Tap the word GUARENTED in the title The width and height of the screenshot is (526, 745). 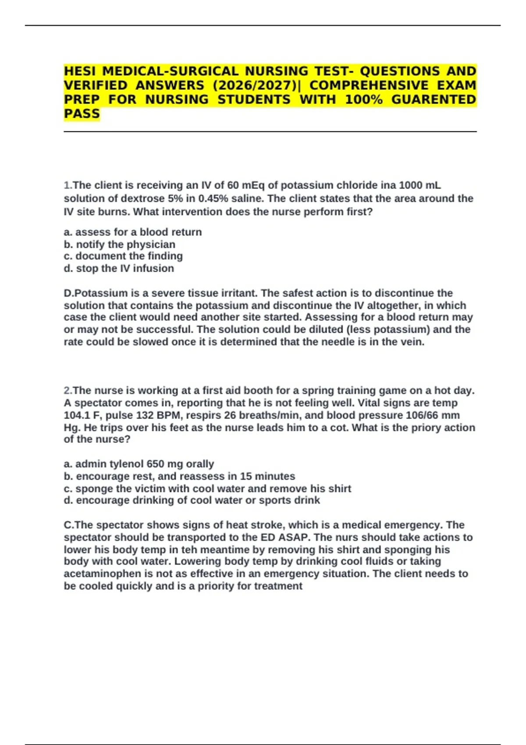(434, 99)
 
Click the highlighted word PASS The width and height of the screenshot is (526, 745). (82, 114)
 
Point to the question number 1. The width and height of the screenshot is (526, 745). (68, 185)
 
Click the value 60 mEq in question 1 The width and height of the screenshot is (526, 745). (245, 185)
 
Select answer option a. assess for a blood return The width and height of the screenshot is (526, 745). (133, 232)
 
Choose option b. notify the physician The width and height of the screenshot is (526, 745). (120, 245)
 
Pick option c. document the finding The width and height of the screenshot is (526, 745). (123, 256)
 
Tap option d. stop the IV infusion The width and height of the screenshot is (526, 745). (119, 268)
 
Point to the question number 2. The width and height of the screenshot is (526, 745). (68, 390)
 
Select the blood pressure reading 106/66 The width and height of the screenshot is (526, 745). (423, 415)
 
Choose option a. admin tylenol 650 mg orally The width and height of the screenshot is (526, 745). (139, 464)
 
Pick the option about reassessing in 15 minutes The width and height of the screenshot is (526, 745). (179, 476)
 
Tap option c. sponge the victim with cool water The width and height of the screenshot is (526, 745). (207, 489)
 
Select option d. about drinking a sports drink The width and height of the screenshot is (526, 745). (192, 500)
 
